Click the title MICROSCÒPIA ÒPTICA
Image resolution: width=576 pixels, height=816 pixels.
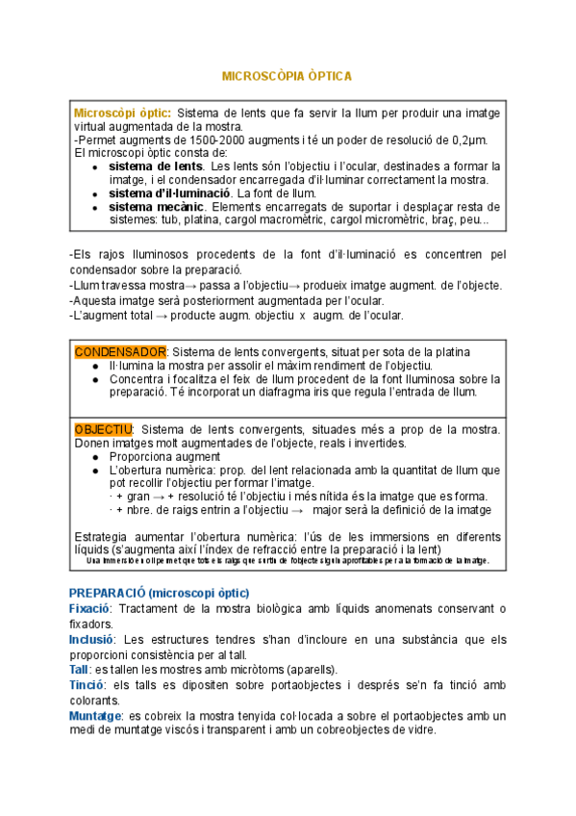point(288,75)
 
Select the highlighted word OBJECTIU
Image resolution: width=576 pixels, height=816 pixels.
point(103,428)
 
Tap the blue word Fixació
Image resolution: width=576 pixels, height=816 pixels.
point(90,608)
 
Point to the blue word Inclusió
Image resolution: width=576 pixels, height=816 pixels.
point(92,638)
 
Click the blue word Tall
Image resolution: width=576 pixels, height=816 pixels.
point(79,669)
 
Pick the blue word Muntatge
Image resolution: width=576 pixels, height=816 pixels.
point(95,715)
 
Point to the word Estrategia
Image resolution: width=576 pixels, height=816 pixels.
point(104,535)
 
